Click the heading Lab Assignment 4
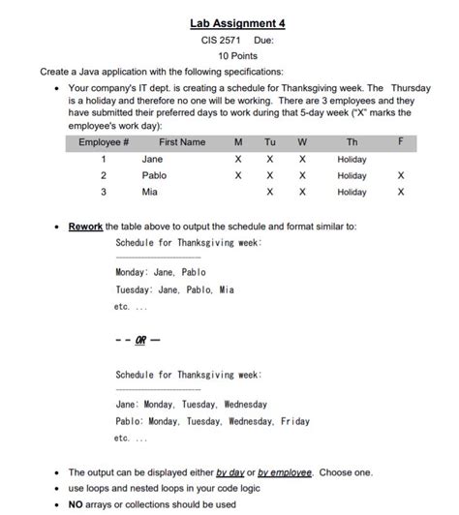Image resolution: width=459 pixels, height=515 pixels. [x=229, y=21]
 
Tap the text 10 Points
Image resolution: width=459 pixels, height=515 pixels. [x=229, y=56]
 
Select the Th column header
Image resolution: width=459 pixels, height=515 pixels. [x=352, y=142]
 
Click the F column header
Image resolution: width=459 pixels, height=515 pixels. [x=401, y=142]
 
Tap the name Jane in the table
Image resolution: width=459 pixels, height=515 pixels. [x=152, y=159]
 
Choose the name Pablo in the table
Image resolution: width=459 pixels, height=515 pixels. [x=154, y=176]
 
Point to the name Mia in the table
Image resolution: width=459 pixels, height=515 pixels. [x=149, y=193]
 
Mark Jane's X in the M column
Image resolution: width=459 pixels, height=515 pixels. [x=237, y=159]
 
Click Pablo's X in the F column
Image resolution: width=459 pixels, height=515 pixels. [x=401, y=176]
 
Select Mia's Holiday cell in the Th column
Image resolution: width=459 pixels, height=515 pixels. [x=352, y=193]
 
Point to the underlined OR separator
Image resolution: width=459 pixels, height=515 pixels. [x=141, y=341]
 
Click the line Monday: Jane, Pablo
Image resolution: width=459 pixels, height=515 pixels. [x=161, y=273]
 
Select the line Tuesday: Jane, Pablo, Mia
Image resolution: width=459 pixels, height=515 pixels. [x=174, y=289]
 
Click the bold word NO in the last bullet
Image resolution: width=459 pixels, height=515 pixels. [x=76, y=503]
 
